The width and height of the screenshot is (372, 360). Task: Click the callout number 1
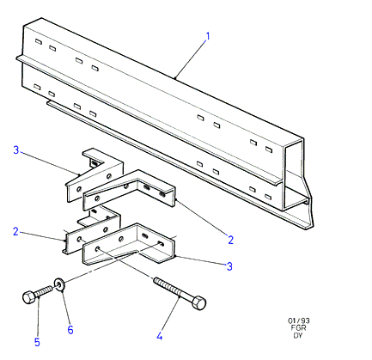[x=208, y=36]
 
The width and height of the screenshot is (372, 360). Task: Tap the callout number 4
[x=160, y=336]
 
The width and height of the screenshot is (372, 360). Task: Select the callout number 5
[x=37, y=342]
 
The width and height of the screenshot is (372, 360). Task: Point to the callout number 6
[x=70, y=330]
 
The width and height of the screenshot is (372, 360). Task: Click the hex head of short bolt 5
[x=28, y=297]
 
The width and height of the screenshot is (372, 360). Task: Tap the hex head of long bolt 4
[x=199, y=303]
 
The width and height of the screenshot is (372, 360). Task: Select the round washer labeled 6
[x=59, y=284]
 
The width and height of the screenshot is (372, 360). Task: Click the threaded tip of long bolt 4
[x=156, y=280]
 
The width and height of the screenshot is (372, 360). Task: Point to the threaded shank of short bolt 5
[x=44, y=291]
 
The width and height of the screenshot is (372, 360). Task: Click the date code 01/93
[x=299, y=320]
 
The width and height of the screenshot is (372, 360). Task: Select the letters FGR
[x=298, y=328]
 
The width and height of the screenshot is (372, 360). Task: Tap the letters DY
[x=298, y=335]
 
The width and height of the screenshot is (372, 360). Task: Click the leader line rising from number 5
[x=39, y=317]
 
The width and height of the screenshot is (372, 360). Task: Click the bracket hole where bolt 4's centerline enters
[x=98, y=248]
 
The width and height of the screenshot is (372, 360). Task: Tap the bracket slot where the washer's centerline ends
[x=162, y=244]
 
